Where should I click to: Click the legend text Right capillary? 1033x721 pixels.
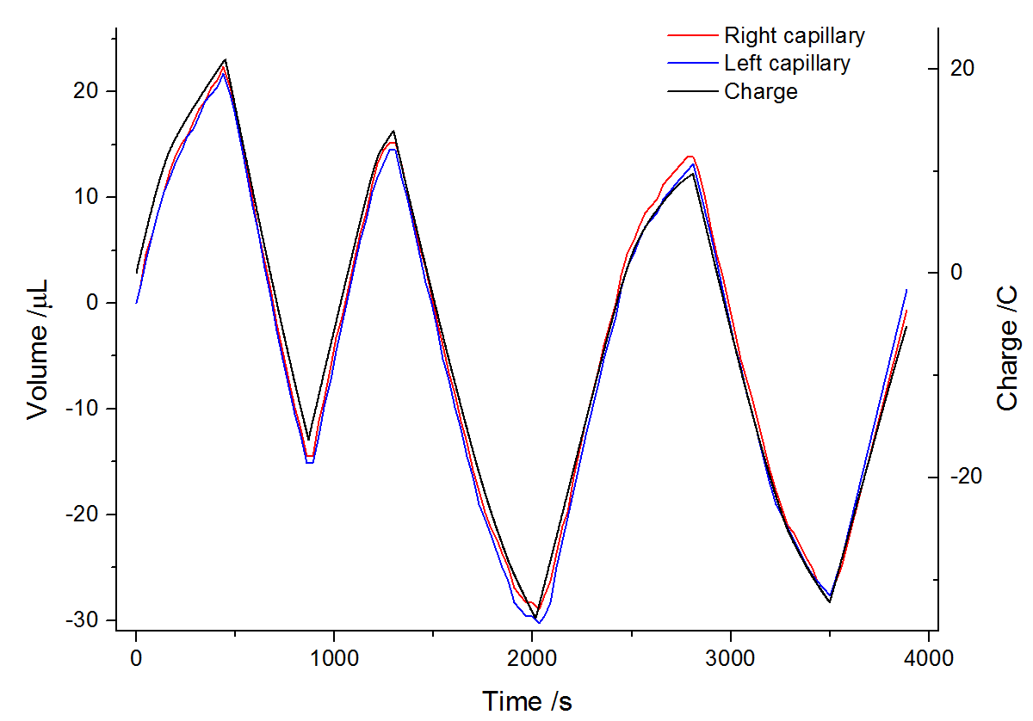point(794,35)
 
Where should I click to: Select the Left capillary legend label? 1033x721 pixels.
point(787,63)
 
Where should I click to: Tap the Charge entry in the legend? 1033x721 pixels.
point(761,91)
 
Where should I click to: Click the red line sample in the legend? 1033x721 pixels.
point(693,35)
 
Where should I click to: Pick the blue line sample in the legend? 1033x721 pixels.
point(693,63)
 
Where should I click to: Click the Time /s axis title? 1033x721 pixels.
point(527,701)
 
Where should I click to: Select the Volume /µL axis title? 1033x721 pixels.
point(38,348)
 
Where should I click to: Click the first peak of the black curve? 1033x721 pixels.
point(226,59)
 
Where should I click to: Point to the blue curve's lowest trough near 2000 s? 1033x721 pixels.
point(539,622)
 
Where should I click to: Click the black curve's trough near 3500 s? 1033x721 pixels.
point(830,601)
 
